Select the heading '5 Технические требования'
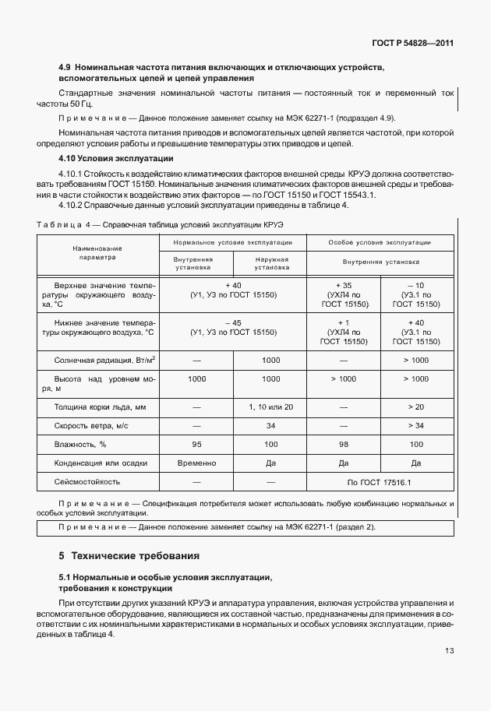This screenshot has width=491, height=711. (129, 556)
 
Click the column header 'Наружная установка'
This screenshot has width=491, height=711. (271, 262)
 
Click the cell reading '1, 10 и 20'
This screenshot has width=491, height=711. (271, 407)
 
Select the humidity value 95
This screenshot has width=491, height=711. (196, 444)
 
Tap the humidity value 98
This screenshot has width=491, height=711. (343, 444)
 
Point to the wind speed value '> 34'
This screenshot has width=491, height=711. (416, 425)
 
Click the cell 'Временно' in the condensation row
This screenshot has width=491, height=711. (196, 463)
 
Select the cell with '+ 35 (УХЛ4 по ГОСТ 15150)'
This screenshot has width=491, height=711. (343, 294)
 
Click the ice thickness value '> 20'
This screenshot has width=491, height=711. (416, 407)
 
